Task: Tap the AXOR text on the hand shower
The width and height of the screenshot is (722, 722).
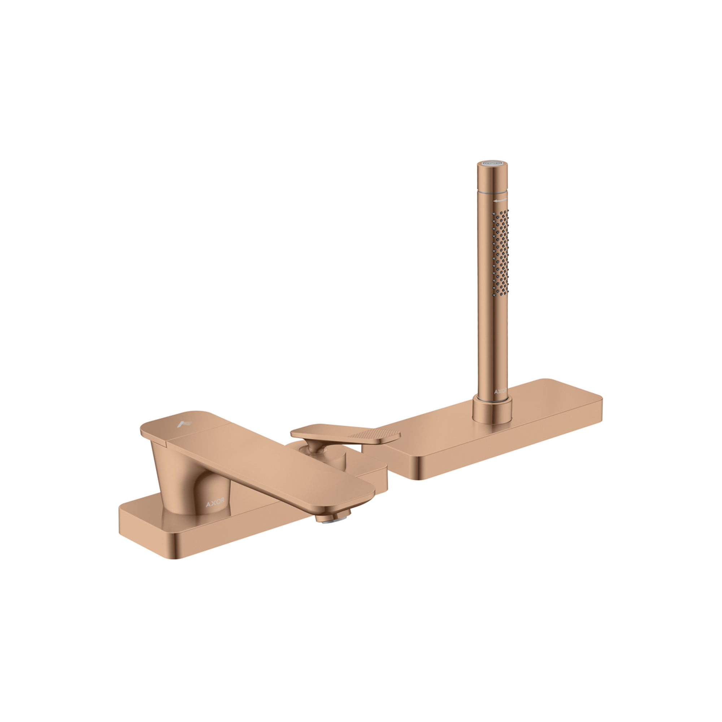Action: pos(500,392)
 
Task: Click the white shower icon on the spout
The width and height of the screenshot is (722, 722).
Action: pos(184,424)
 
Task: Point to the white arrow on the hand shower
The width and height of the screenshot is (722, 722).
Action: pos(500,201)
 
